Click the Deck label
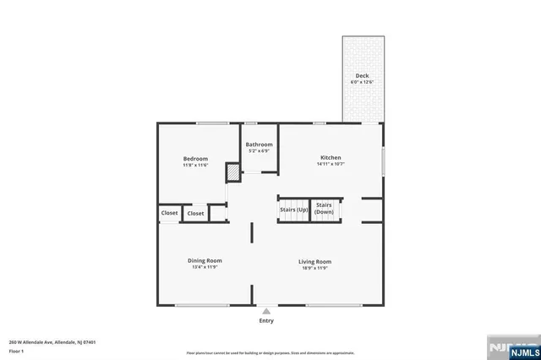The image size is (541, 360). [362, 76]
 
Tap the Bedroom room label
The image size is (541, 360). [195, 158]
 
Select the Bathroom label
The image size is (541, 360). [260, 145]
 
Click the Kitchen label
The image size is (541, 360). [330, 157]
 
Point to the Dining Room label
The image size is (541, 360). [205, 261]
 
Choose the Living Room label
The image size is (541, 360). [314, 261]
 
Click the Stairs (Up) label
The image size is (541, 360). [294, 210]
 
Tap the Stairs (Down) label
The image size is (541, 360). [324, 208]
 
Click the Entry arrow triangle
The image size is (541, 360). [266, 311]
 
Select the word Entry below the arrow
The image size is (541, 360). [266, 321]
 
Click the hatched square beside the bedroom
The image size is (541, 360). [232, 172]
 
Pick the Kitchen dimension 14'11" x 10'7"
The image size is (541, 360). [330, 164]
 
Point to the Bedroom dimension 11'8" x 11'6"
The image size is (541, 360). [195, 165]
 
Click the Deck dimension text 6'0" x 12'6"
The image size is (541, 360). [362, 82]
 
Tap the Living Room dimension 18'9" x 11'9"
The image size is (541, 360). [314, 268]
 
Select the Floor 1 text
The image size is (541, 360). [16, 350]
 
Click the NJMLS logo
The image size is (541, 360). [510, 348]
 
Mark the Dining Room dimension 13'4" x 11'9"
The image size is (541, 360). [205, 268]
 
